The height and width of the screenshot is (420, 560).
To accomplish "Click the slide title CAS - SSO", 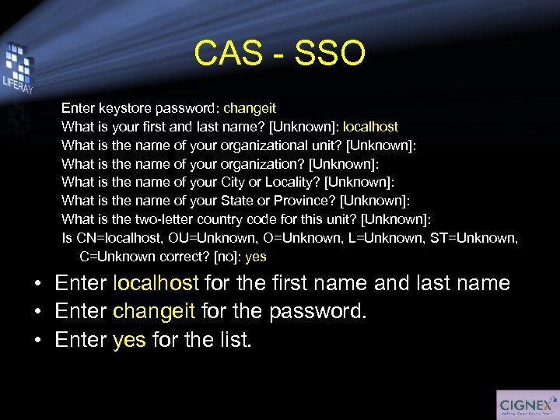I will coord(279,53).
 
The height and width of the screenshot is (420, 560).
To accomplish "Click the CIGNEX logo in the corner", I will coord(526,405).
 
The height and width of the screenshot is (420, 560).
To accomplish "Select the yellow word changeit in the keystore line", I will coord(250,108).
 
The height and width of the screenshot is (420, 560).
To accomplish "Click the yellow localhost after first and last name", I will coord(370,126).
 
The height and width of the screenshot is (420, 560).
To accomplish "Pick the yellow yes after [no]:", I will coord(256,257).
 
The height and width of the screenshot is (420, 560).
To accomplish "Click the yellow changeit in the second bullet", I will coord(154,311).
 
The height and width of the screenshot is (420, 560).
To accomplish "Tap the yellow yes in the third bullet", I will coord(129,340).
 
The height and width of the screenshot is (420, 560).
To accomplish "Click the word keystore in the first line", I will coord(122,108).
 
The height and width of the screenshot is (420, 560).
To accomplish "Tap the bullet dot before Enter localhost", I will coord(37,284).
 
